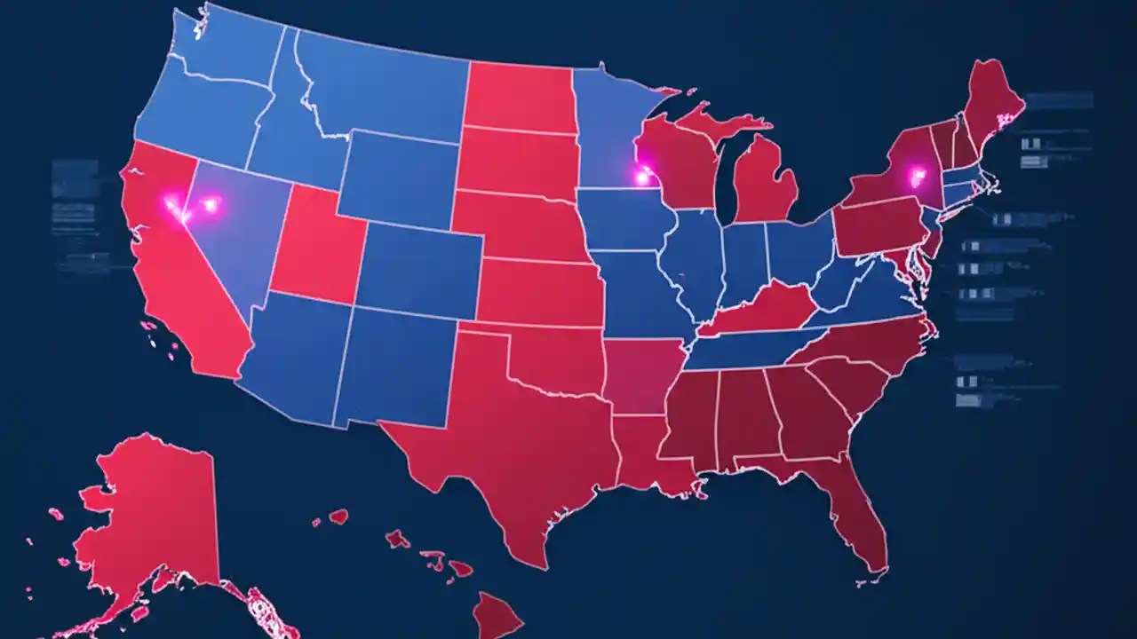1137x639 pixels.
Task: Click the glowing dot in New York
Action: click(916, 176)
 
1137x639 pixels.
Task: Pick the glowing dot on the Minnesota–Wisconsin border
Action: click(641, 177)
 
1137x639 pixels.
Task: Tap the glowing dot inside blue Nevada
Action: click(211, 205)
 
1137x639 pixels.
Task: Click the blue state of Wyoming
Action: click(400, 177)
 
